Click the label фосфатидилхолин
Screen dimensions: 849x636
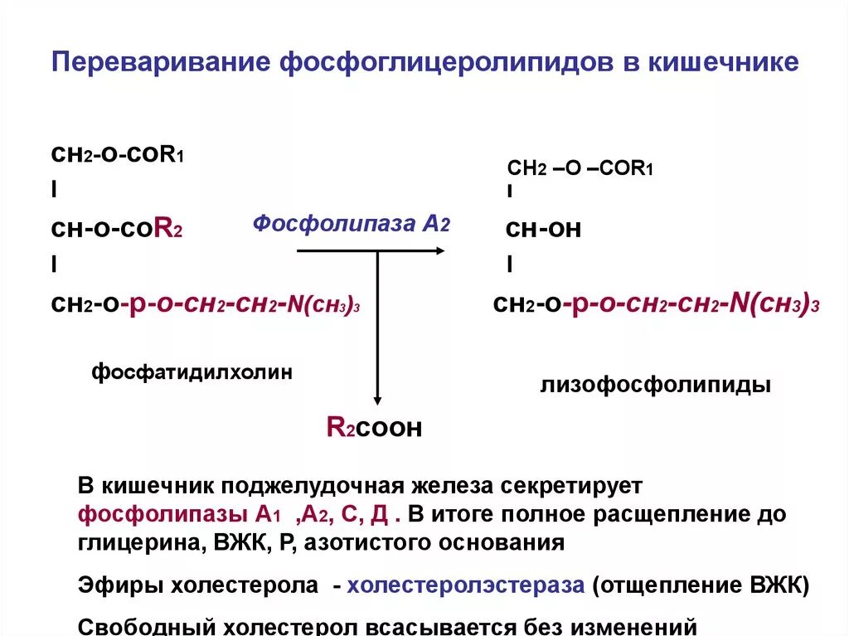tap(192, 372)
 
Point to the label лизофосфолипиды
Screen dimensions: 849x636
tap(655, 386)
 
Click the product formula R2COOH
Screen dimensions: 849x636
tap(375, 427)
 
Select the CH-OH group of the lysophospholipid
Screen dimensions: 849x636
tap(543, 230)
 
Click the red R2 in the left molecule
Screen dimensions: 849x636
tap(168, 231)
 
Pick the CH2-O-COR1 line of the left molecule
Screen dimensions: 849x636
tap(117, 154)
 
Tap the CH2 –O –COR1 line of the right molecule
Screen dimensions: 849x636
tap(580, 169)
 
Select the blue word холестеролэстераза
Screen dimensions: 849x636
tap(466, 585)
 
